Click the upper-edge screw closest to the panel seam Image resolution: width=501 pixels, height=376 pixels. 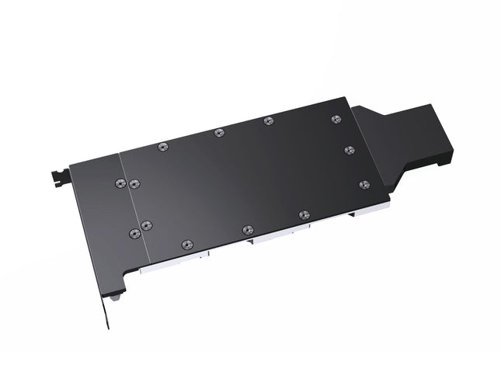pos(162,146)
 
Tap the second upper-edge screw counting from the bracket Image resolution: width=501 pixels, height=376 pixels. pos(219,132)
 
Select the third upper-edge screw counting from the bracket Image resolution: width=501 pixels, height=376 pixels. pos(268,120)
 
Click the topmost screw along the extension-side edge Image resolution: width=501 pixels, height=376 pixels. pos(336,119)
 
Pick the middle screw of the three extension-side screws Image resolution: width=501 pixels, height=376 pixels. pos(350,149)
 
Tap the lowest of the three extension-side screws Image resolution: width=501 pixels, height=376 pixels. pos(364,184)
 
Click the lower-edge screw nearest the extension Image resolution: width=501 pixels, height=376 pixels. pos(304,214)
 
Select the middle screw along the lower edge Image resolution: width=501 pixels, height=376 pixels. pos(247,229)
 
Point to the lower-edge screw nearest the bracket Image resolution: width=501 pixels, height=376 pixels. pos(186,244)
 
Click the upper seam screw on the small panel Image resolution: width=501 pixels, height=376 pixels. pos(120,183)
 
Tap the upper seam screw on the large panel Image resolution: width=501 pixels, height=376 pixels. pos(134,183)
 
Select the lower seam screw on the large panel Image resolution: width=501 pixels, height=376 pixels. pos(146,225)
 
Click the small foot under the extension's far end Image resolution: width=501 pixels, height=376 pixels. pos(444,164)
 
